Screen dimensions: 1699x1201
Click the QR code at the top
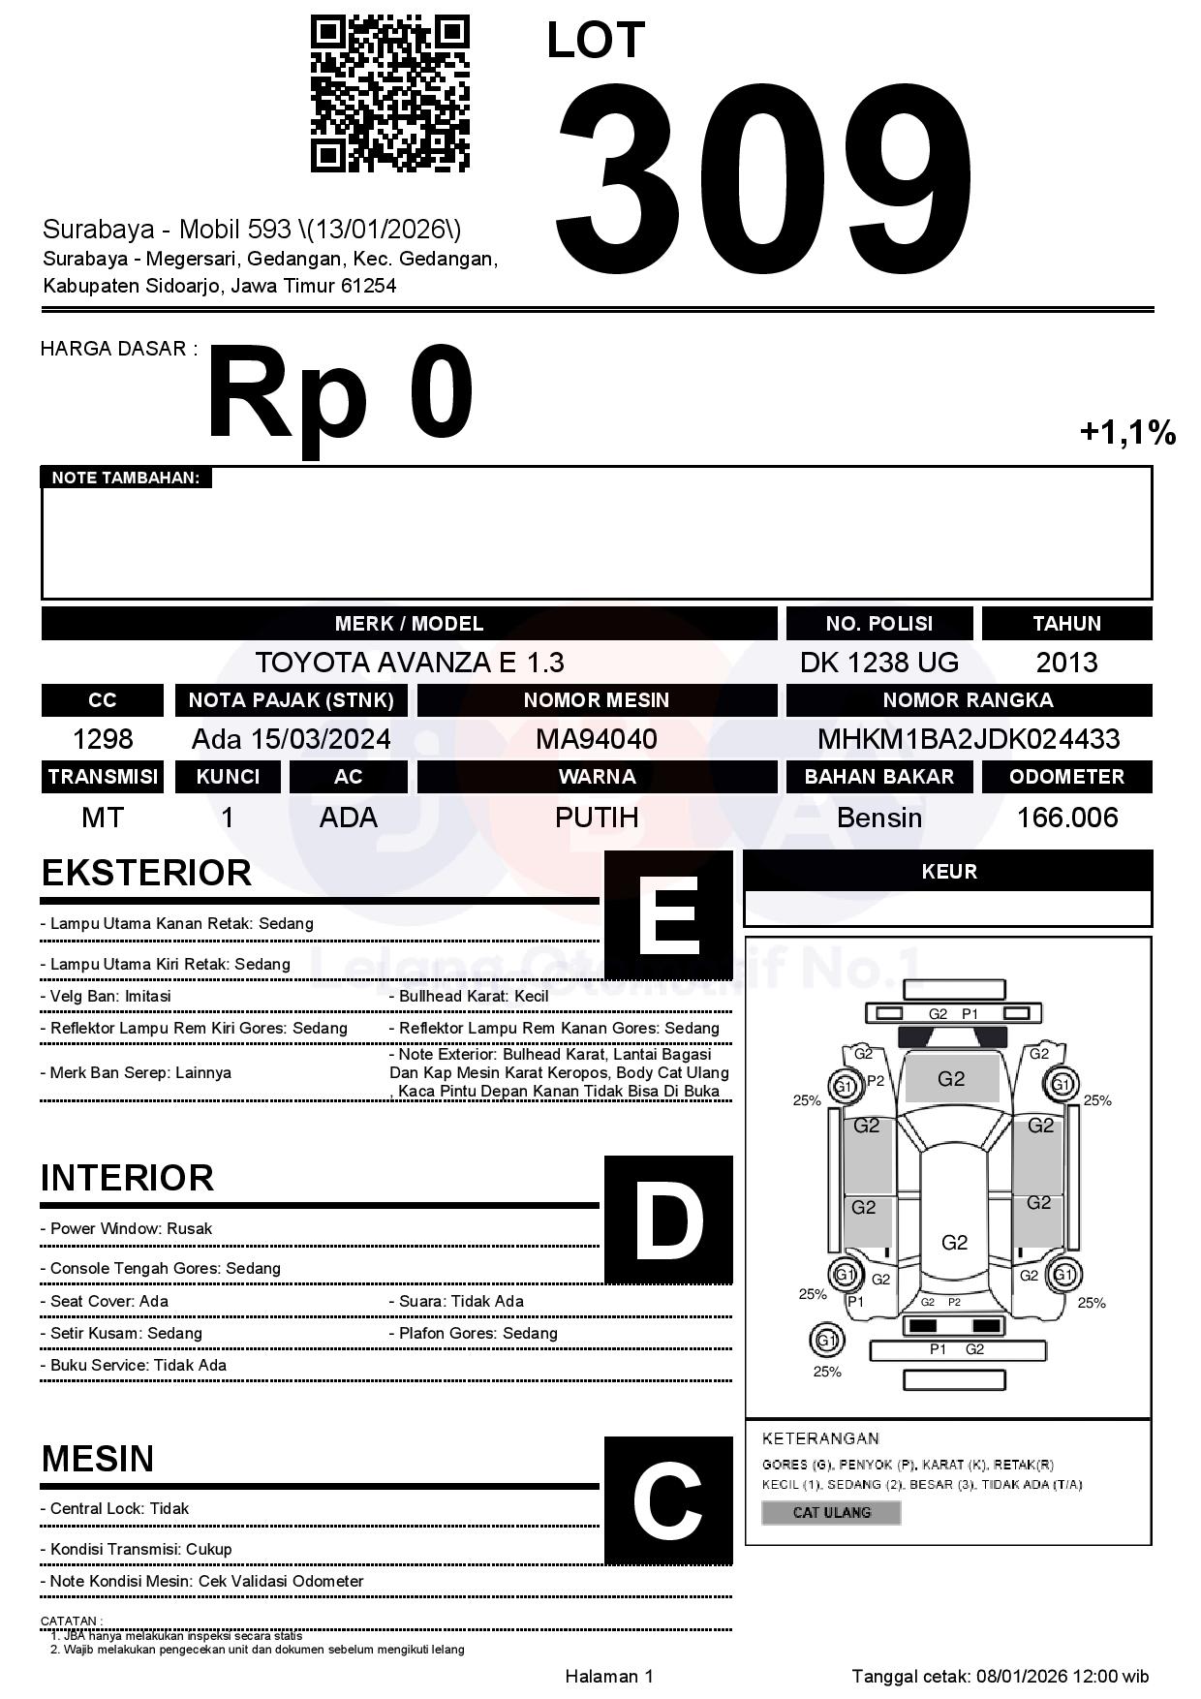point(389,94)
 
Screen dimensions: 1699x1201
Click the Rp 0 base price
point(340,395)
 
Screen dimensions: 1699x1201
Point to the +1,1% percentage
point(1127,432)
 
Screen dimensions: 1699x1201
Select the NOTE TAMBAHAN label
point(126,478)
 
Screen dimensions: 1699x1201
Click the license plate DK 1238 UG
point(878,663)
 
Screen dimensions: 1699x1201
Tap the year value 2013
point(1066,663)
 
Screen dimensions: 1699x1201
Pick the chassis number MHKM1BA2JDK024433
point(969,739)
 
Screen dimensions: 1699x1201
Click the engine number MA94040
point(597,739)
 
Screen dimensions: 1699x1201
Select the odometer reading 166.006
point(1066,818)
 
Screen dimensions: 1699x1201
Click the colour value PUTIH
point(597,818)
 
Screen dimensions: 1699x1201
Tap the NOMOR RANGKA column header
point(969,700)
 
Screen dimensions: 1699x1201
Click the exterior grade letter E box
point(668,913)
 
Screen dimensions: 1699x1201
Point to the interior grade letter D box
point(668,1219)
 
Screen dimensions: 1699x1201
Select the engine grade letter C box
point(668,1499)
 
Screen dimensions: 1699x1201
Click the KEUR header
point(948,872)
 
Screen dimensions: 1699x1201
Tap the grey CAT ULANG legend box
point(831,1512)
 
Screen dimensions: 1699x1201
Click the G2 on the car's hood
point(951,1079)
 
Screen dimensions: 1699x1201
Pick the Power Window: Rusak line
point(131,1228)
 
